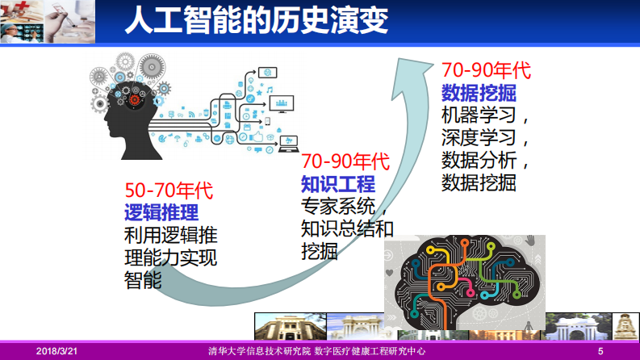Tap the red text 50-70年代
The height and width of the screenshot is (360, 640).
click(168, 192)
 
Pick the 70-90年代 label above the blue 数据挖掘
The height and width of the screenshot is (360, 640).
click(486, 69)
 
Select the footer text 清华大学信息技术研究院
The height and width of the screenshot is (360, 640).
click(256, 351)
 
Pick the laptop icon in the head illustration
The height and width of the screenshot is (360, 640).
click(288, 149)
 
